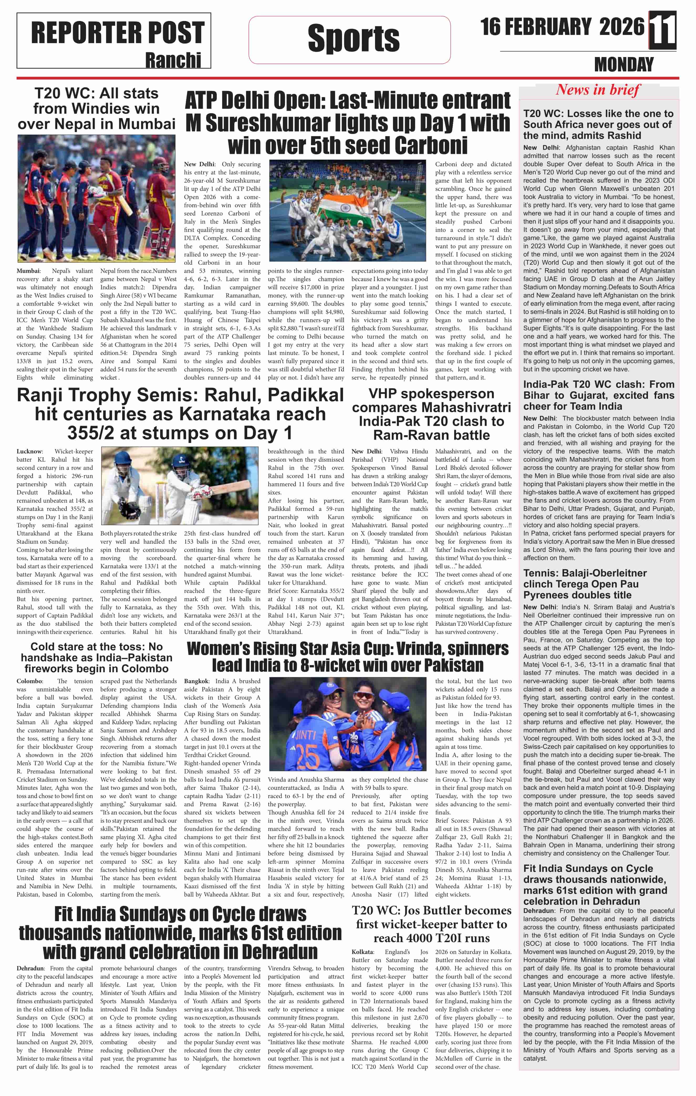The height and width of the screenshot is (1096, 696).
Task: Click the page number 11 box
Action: coord(662,30)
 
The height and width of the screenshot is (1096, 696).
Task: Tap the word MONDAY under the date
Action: coord(624,65)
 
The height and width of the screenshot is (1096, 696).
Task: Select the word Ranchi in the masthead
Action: coord(173,60)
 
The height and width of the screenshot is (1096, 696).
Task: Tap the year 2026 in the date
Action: coord(622,27)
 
